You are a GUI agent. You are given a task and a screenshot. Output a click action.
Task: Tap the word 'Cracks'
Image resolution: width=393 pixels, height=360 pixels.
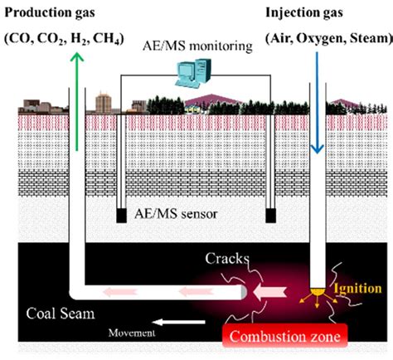(226, 259)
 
